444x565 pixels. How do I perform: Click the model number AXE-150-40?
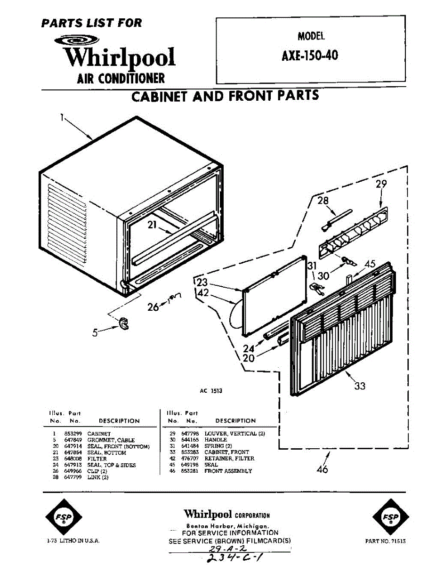point(310,56)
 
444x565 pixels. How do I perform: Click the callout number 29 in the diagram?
point(381,184)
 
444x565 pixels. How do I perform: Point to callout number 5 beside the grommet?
point(95,332)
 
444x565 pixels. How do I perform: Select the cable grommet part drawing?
point(124,323)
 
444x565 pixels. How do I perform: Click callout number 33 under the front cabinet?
point(360,386)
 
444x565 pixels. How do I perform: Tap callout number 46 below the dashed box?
point(323,469)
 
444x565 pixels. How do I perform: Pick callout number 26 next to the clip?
point(153,307)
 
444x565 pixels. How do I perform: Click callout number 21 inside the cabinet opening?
point(151,225)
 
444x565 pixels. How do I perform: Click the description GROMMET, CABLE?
point(111,440)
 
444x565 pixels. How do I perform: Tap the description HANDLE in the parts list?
point(215,440)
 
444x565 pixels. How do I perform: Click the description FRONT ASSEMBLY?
point(228,471)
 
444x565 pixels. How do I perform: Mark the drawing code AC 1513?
point(211,391)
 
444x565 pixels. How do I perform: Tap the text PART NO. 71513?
point(385,541)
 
